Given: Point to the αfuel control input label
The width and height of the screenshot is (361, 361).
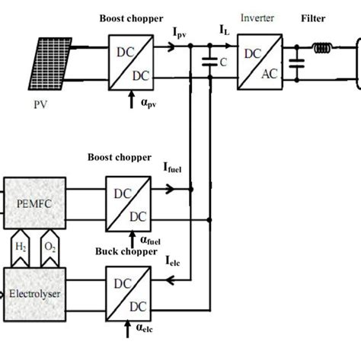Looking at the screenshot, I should pyautogui.click(x=152, y=239).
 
